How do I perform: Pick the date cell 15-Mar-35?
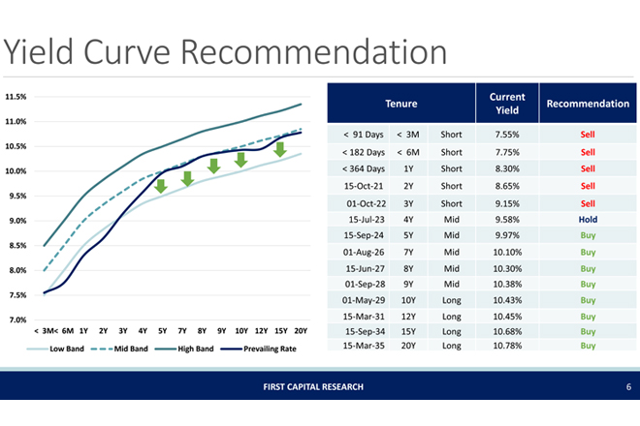click(x=364, y=345)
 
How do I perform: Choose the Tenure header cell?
click(x=401, y=104)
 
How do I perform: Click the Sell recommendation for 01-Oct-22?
click(x=587, y=204)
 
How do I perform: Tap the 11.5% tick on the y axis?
click(x=16, y=97)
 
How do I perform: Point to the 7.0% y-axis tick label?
click(x=16, y=319)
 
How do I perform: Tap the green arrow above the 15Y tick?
click(x=279, y=149)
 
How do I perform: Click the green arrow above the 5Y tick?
click(x=162, y=186)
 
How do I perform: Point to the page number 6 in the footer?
click(x=615, y=387)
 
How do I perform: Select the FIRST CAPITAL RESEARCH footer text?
click(x=319, y=387)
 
